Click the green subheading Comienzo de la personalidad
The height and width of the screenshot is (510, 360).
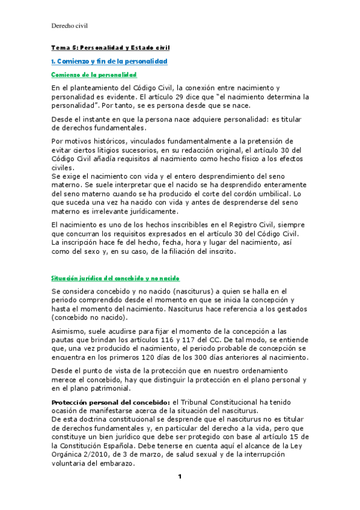(x=94, y=75)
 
